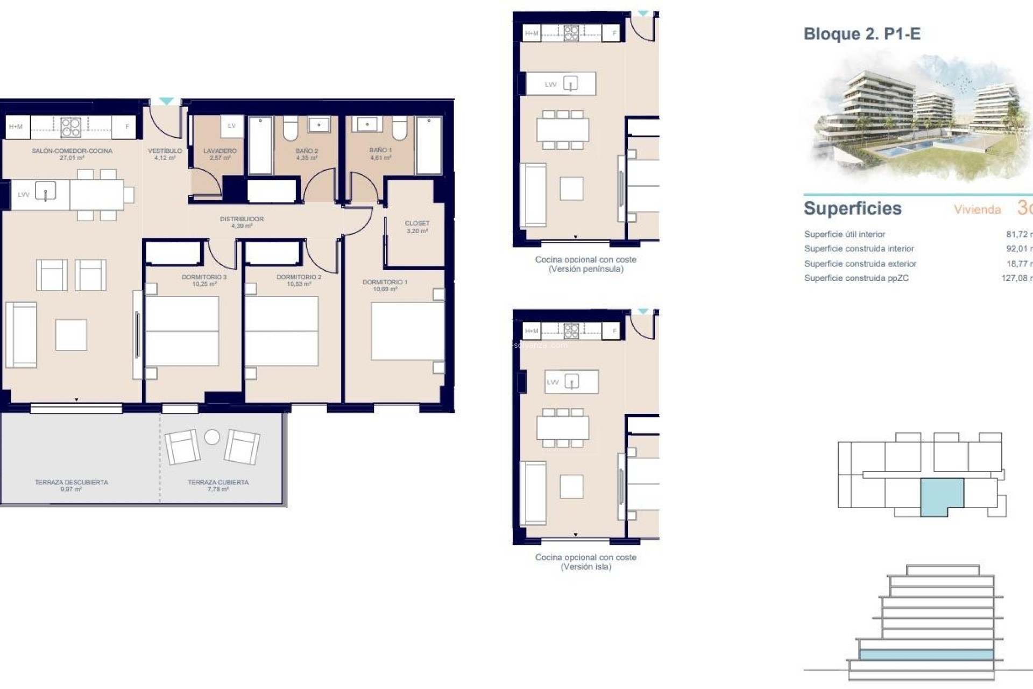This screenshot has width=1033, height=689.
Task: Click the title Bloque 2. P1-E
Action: (x=861, y=34)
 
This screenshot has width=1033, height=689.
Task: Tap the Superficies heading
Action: (x=852, y=208)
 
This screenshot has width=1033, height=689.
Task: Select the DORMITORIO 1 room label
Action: (x=385, y=282)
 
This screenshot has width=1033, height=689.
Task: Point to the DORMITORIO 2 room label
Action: (x=299, y=277)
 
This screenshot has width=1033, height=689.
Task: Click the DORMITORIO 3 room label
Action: (x=204, y=277)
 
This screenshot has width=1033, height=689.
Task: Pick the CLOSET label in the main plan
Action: (x=417, y=223)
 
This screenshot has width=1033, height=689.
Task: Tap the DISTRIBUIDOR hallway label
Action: (x=242, y=219)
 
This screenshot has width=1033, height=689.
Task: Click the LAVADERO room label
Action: (x=220, y=151)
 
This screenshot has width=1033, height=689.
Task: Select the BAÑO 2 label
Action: (x=307, y=151)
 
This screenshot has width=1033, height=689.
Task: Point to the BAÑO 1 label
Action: (x=380, y=150)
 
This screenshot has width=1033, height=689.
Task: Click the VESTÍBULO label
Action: (x=165, y=151)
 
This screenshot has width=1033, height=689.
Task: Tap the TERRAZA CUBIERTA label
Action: (x=218, y=482)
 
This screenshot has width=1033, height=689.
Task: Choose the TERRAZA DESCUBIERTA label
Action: (x=71, y=482)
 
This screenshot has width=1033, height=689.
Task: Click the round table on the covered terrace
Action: (x=212, y=437)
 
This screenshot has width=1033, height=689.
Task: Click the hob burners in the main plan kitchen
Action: (x=70, y=127)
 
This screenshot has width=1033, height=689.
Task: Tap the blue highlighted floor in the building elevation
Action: (x=925, y=655)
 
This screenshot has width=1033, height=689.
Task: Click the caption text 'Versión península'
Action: (x=585, y=269)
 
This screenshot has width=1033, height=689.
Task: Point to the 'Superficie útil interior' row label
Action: (x=844, y=234)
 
